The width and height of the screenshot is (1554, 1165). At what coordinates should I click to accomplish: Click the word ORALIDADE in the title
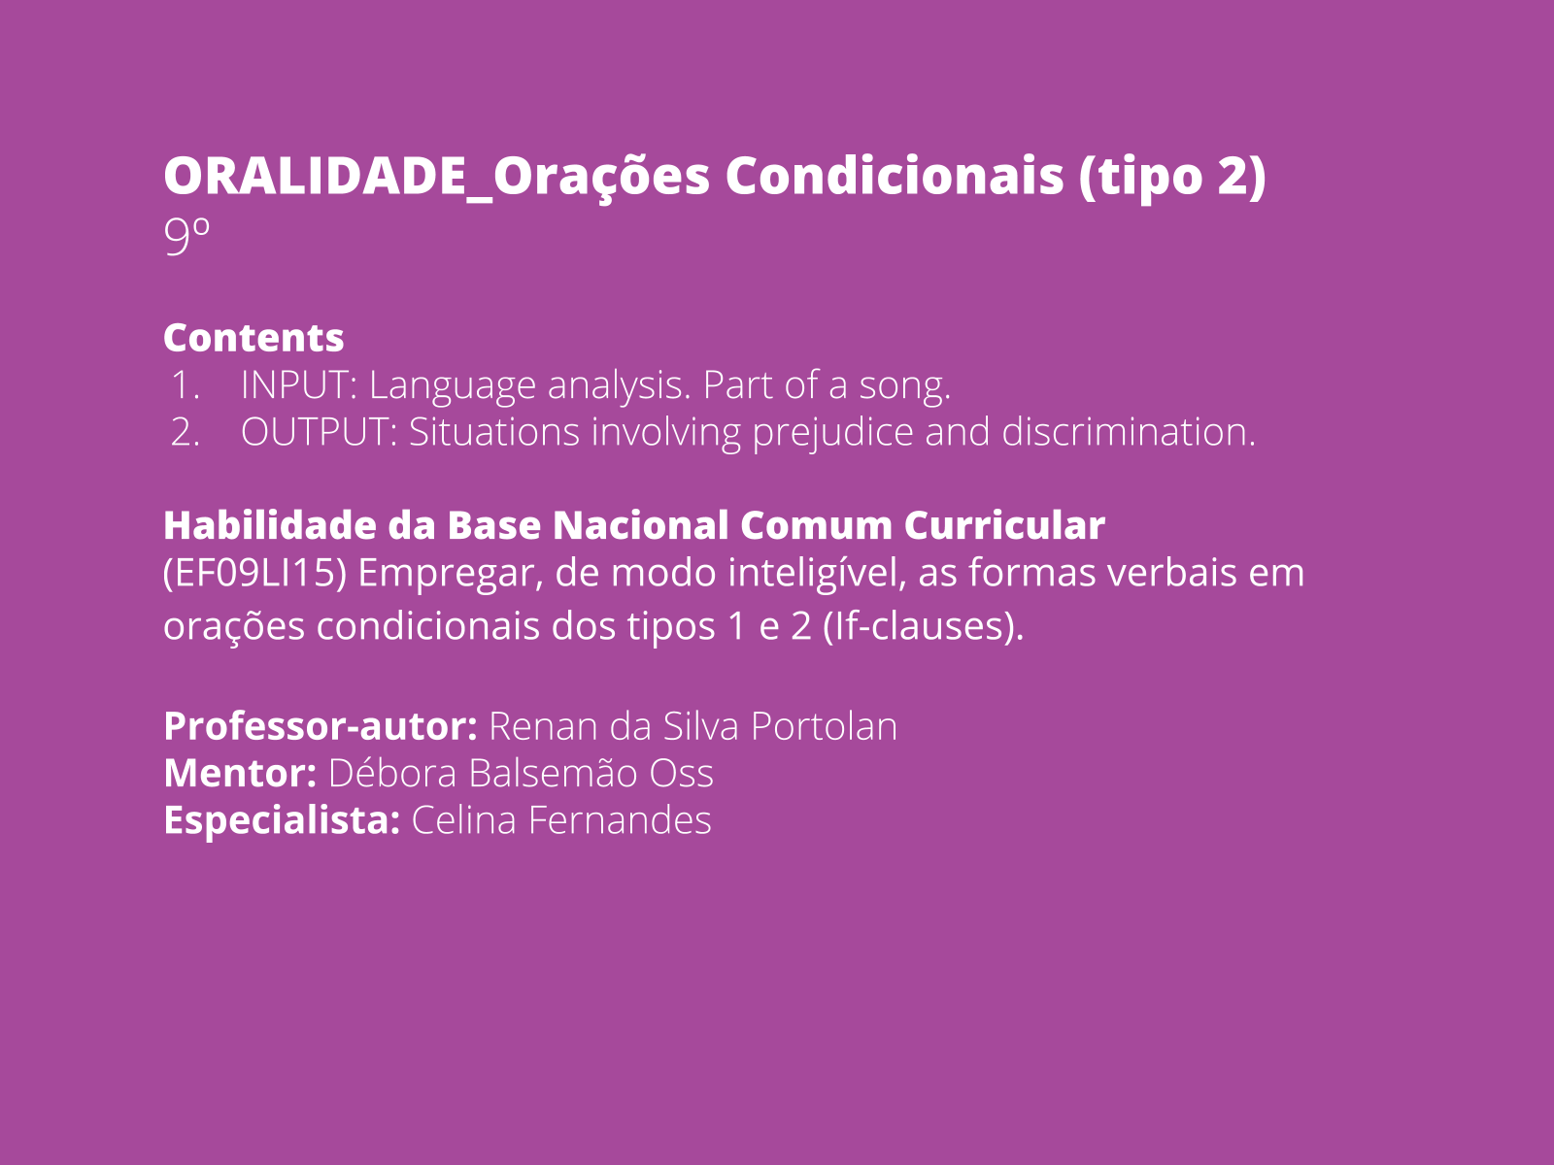[315, 175]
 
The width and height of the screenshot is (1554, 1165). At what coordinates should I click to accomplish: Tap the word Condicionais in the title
[895, 175]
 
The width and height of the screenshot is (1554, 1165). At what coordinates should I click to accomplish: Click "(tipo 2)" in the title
[1172, 177]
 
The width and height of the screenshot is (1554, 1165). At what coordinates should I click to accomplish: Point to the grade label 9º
[186, 236]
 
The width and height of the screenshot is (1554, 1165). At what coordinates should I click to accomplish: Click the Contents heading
[253, 338]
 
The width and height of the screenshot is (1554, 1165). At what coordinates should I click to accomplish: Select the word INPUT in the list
[298, 384]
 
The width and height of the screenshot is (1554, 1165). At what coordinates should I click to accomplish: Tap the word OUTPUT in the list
[319, 431]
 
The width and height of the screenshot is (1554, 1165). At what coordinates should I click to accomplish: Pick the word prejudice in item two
[832, 433]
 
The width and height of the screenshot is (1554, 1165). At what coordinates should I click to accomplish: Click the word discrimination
[1129, 431]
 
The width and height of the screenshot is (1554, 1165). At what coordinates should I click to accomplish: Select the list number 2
[185, 432]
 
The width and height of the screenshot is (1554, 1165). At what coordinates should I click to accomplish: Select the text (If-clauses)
[924, 626]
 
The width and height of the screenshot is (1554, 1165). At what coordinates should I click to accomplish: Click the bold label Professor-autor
[321, 726]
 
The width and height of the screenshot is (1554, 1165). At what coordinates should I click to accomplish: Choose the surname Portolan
[824, 726]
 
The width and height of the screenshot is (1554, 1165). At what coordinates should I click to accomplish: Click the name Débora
[392, 773]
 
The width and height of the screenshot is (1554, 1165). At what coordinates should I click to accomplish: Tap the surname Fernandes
[620, 819]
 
